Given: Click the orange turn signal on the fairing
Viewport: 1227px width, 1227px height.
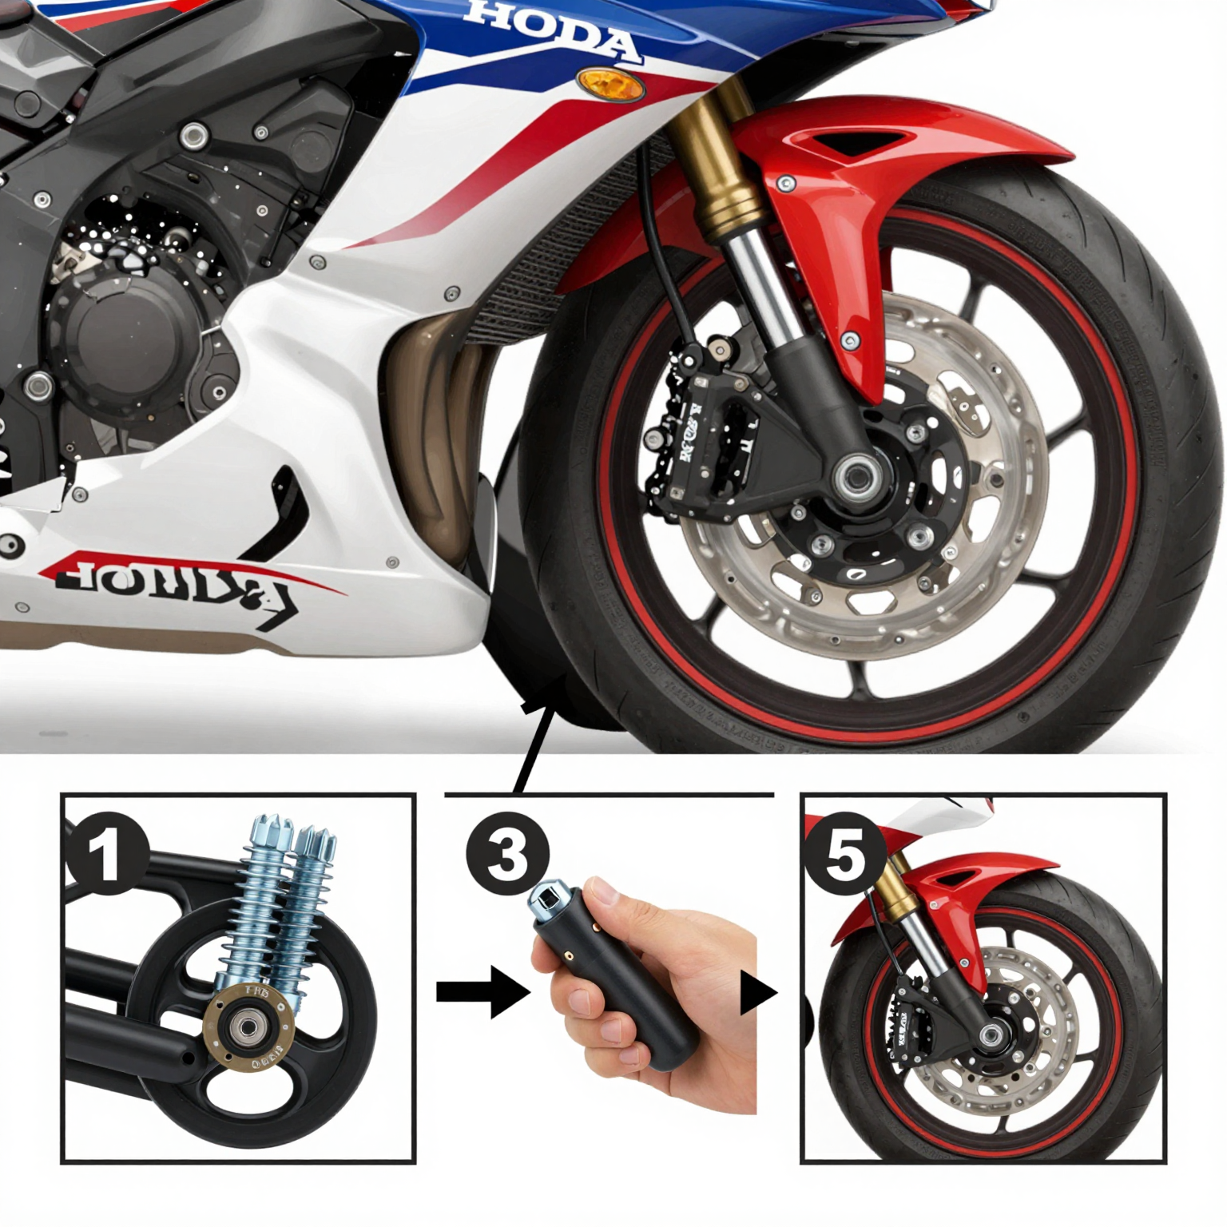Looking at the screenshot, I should (610, 84).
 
